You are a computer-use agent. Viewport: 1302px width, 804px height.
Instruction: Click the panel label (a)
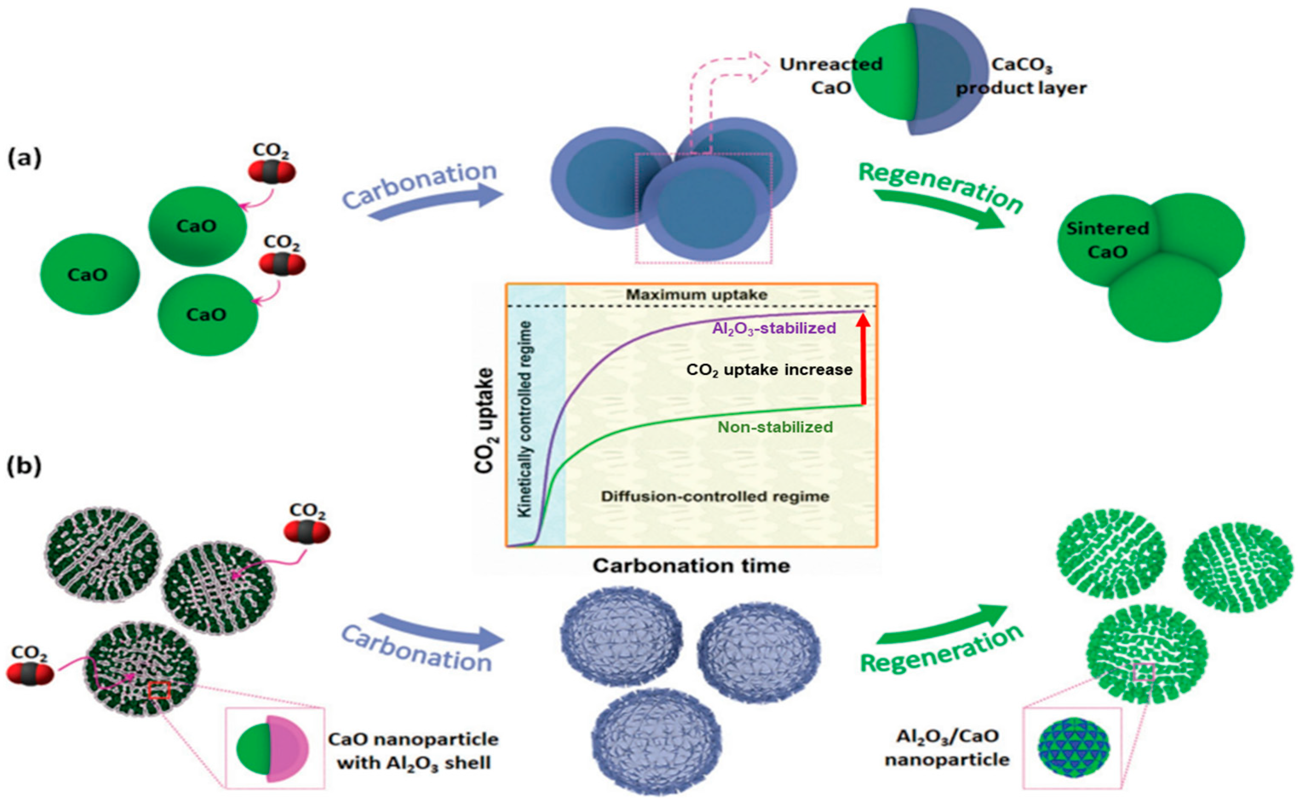tap(24, 158)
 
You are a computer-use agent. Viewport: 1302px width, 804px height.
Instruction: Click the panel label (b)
tap(24, 466)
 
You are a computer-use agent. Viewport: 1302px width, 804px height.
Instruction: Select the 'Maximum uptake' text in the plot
tap(696, 295)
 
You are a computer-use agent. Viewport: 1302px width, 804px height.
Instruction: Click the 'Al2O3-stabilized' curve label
tap(774, 328)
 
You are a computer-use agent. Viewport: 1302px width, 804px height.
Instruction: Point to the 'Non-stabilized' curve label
tap(775, 427)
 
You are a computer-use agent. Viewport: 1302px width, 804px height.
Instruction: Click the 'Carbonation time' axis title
tap(691, 565)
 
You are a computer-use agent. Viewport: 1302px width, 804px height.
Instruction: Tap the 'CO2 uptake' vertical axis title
tap(485, 420)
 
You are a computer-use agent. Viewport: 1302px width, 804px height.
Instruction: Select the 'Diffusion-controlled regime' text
tap(715, 497)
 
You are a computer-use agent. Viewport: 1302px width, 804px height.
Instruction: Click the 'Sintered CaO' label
tap(1107, 240)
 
